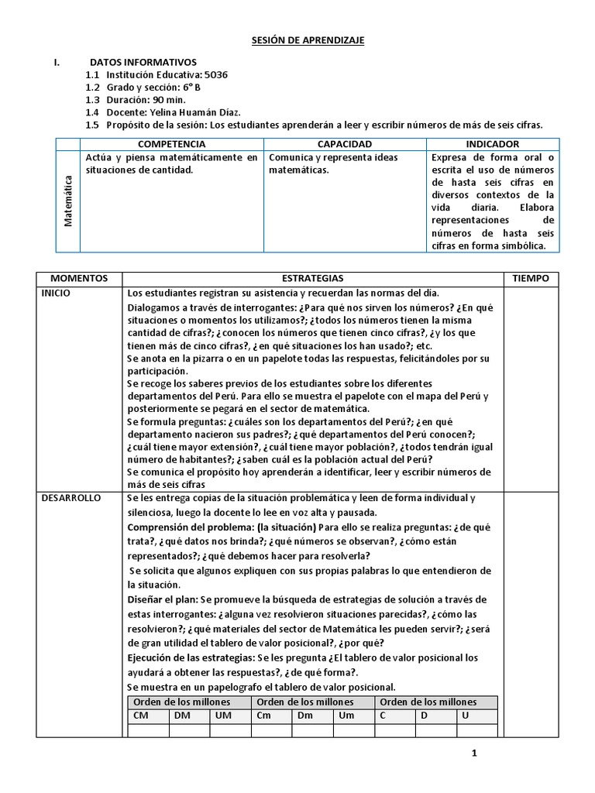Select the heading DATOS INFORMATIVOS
(x=143, y=62)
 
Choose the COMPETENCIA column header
(x=171, y=144)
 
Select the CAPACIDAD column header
(x=345, y=144)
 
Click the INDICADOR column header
(x=493, y=144)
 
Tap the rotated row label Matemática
(x=68, y=201)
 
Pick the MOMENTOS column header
(x=79, y=278)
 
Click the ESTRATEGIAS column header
(x=312, y=278)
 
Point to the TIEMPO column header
(x=531, y=278)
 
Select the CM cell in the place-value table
(x=141, y=716)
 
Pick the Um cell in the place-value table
(x=346, y=716)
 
